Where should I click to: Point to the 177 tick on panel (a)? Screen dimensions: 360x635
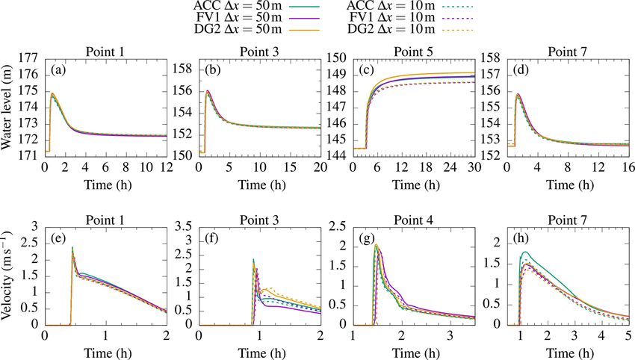click(33, 58)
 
